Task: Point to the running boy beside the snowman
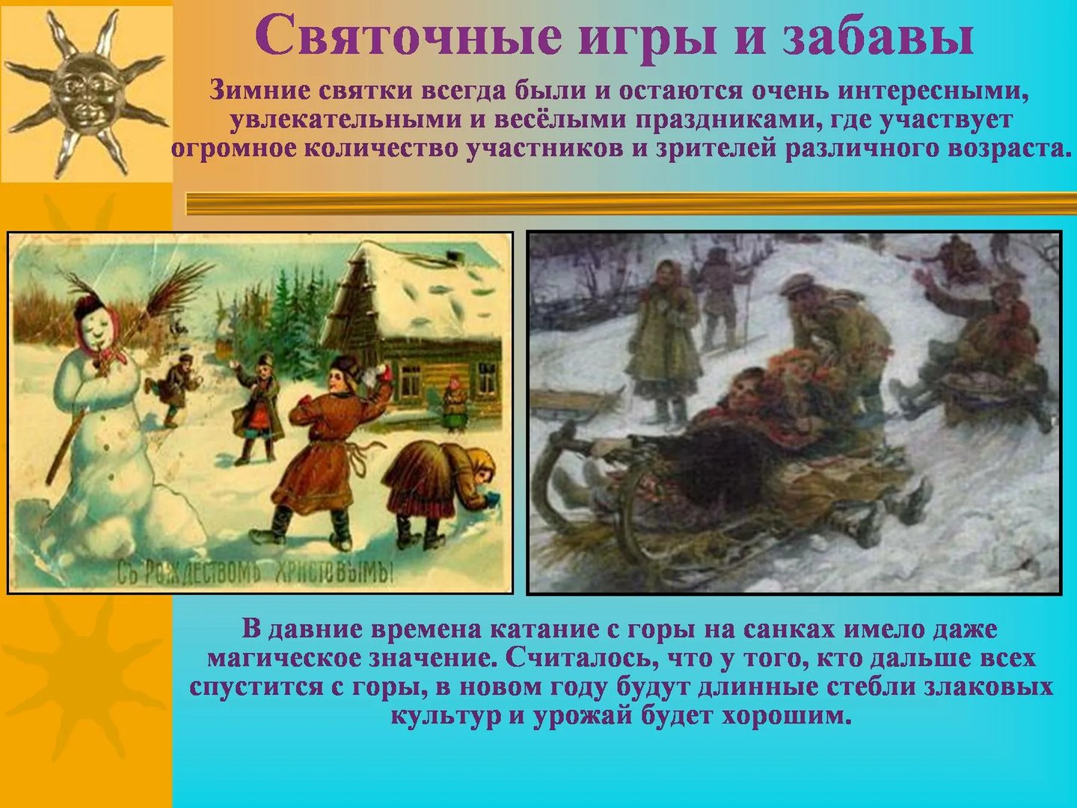click(x=175, y=388)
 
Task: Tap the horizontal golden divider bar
click(x=631, y=203)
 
